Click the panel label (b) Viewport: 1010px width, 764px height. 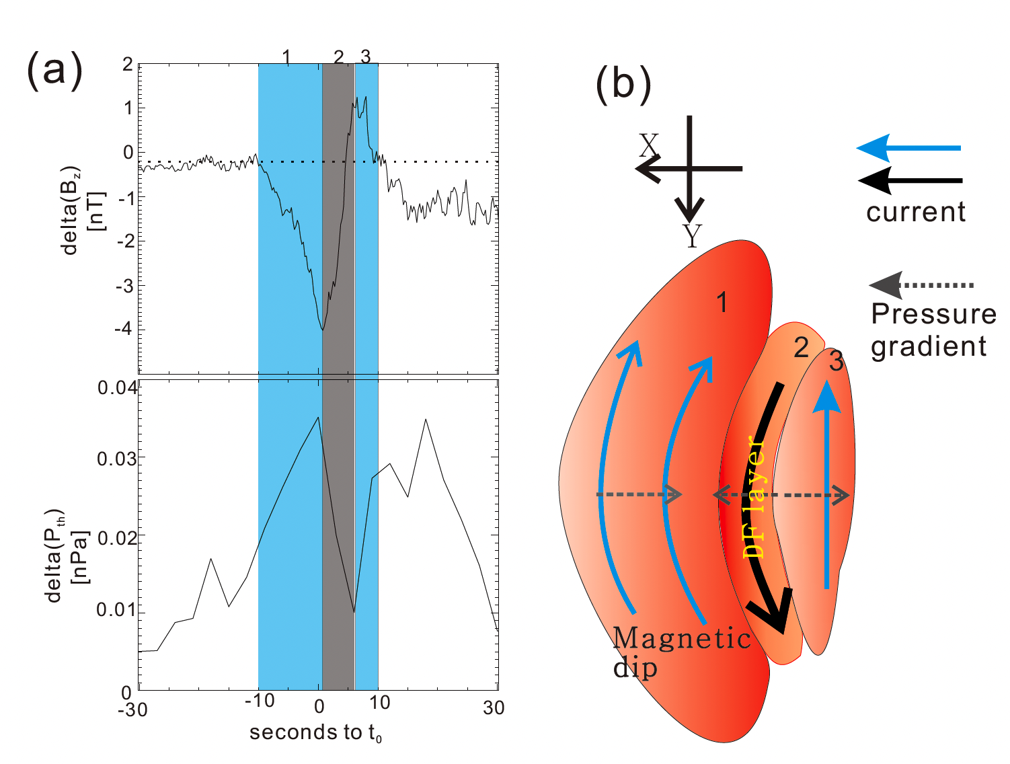click(x=623, y=85)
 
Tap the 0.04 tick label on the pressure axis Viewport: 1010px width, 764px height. click(x=117, y=388)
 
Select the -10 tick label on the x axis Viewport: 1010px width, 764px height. click(x=259, y=701)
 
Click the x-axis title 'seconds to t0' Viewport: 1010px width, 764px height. click(x=315, y=732)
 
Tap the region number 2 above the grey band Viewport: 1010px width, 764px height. click(x=338, y=57)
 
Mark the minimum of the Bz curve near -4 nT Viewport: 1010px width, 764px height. click(x=323, y=330)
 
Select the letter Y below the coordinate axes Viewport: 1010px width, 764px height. click(x=692, y=235)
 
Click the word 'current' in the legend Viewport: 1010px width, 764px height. click(x=915, y=213)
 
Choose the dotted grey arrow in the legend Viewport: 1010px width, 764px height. click(x=921, y=286)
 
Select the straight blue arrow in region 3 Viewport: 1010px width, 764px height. click(x=827, y=484)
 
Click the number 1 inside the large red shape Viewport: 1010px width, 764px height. click(x=722, y=303)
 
